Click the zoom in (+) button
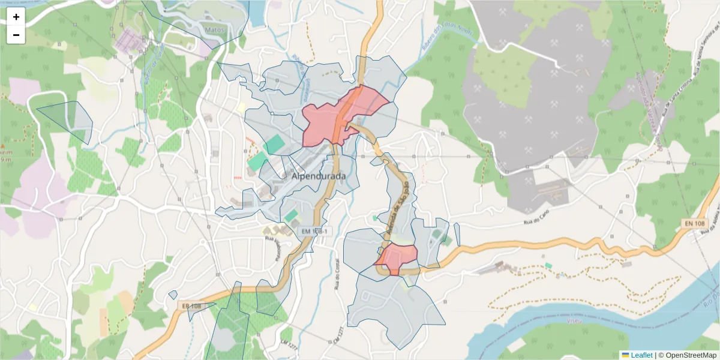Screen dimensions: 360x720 [x=16, y=17]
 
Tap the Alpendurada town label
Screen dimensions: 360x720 [x=319, y=176]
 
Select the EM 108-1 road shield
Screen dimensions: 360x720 [x=314, y=231]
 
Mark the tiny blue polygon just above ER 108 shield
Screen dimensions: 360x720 [x=173, y=295]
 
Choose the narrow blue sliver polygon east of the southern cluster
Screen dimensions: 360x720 [x=457, y=234]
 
